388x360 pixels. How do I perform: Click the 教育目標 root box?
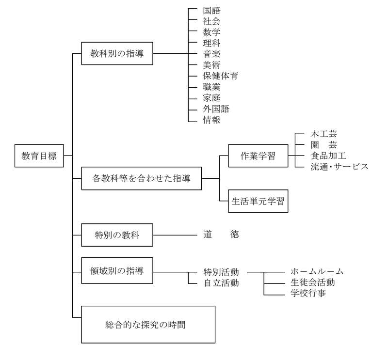click(x=39, y=156)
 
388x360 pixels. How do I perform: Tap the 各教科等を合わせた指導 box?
click(x=141, y=178)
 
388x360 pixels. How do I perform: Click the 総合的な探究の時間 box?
click(x=148, y=324)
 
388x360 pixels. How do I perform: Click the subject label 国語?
click(x=212, y=10)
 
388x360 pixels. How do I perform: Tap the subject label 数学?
click(x=212, y=32)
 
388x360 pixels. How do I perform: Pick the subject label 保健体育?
click(x=221, y=76)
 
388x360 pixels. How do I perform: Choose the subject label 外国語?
click(x=216, y=109)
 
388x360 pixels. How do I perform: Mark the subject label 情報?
click(x=212, y=120)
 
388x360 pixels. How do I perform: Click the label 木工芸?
click(x=323, y=134)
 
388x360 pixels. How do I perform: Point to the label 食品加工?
click(x=328, y=156)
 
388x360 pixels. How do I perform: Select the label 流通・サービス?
click(x=339, y=167)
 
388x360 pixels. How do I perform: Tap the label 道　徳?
click(x=221, y=235)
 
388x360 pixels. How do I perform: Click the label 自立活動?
click(x=221, y=282)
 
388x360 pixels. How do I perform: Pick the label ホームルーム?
click(x=317, y=271)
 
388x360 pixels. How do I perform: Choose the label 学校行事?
click(x=308, y=293)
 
